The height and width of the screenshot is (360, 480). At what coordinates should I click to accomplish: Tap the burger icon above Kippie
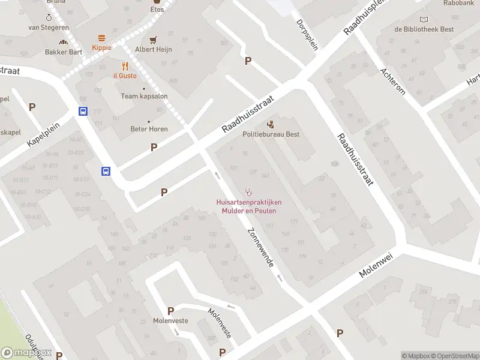(101, 37)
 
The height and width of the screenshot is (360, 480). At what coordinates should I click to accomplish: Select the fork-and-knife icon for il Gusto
(125, 66)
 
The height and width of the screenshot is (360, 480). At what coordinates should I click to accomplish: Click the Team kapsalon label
(144, 96)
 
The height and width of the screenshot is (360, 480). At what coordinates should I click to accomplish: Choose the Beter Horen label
(149, 128)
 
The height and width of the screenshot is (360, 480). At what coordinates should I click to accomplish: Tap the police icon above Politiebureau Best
(271, 124)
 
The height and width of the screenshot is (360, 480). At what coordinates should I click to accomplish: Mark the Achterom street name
(393, 81)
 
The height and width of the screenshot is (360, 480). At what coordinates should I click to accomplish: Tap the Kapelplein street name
(44, 135)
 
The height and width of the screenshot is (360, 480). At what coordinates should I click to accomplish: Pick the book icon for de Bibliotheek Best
(425, 20)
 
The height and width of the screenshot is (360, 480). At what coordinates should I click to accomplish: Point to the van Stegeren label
(49, 28)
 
